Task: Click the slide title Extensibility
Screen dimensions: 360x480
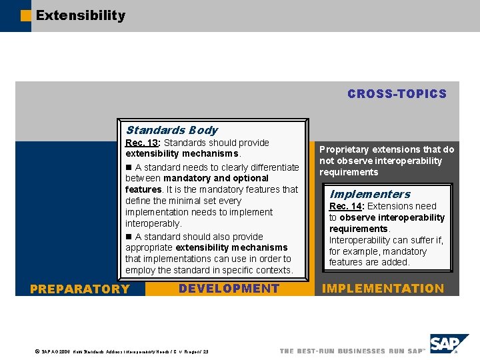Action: (x=80, y=15)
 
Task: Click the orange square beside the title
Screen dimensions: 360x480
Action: (x=26, y=15)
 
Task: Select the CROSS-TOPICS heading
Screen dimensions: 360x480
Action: (x=397, y=94)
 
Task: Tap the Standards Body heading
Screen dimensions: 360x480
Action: (x=171, y=130)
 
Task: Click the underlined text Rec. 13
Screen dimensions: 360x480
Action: (x=141, y=143)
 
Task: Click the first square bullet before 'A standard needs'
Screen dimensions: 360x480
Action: (x=129, y=167)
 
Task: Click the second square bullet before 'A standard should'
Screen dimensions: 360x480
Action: (x=129, y=237)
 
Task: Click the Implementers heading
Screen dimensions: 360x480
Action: (x=370, y=194)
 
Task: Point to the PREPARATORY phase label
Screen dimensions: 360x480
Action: (x=80, y=289)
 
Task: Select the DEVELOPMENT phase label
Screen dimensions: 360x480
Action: (x=229, y=288)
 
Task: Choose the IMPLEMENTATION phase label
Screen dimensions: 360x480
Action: (x=383, y=288)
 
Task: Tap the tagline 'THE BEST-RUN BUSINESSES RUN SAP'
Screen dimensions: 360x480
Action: (x=352, y=351)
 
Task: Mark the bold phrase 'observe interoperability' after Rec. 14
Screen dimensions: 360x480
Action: (x=392, y=217)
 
